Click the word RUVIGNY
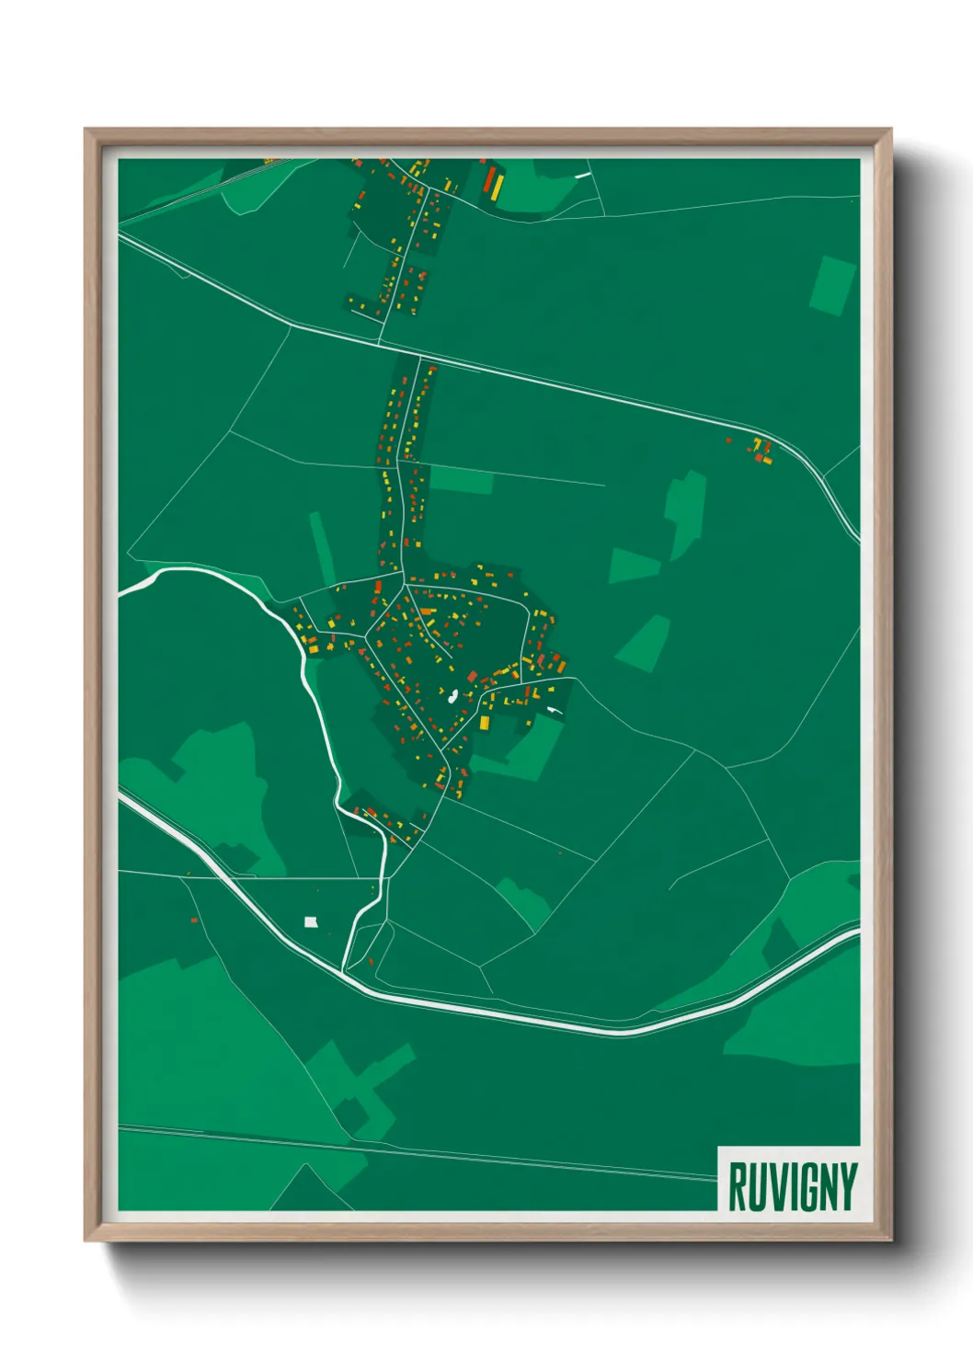tap(792, 1186)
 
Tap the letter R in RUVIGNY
tap(737, 1186)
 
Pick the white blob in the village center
tap(452, 695)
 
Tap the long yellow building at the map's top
tap(498, 187)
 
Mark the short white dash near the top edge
tap(581, 175)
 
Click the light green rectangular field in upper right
tap(832, 286)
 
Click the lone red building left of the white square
tap(194, 919)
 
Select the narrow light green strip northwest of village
tap(322, 549)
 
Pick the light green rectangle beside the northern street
tap(462, 480)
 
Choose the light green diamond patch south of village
tap(524, 901)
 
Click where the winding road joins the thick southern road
tap(344, 970)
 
